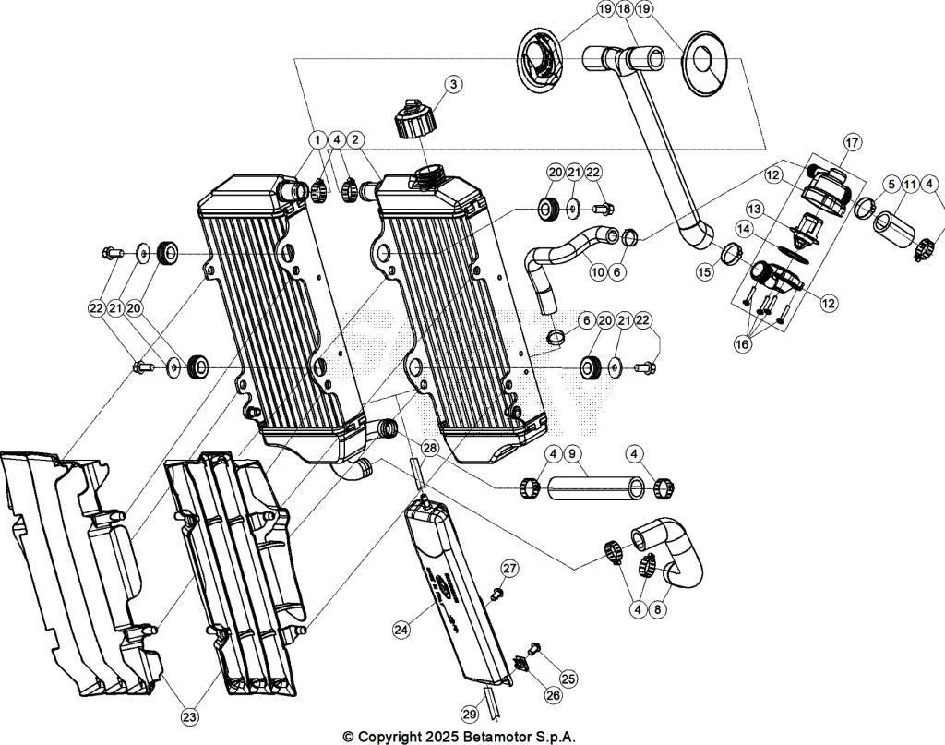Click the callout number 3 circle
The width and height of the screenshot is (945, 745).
coord(452,84)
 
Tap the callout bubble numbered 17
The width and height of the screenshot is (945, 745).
coord(851,142)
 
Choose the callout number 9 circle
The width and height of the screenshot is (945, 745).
coord(572,454)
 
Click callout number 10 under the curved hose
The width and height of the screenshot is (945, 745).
coord(597,272)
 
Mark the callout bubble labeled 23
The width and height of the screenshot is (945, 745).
coord(189,715)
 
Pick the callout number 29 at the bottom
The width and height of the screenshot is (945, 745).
coord(471,713)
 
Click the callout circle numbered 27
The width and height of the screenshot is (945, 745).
coord(509,568)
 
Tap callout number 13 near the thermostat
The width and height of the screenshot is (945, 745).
coord(755,208)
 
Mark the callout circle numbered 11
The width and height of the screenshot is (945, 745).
coord(910,185)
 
